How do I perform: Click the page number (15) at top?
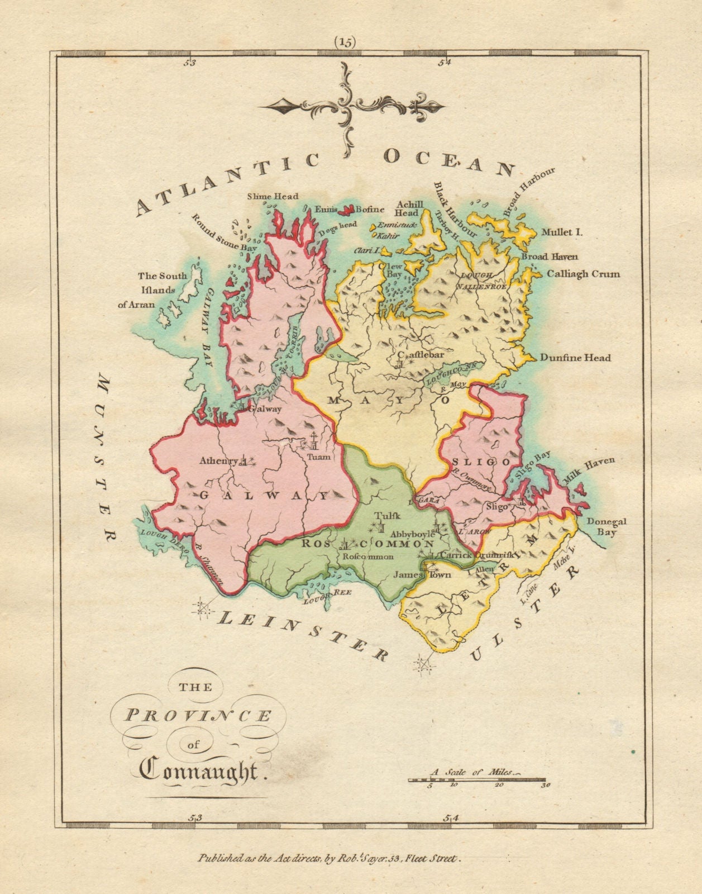pos(345,42)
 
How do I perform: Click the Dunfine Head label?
pos(575,358)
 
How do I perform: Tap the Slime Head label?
pos(273,196)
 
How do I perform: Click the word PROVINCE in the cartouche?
pos(198,716)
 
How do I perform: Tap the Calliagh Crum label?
pos(583,274)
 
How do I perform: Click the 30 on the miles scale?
pos(546,784)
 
